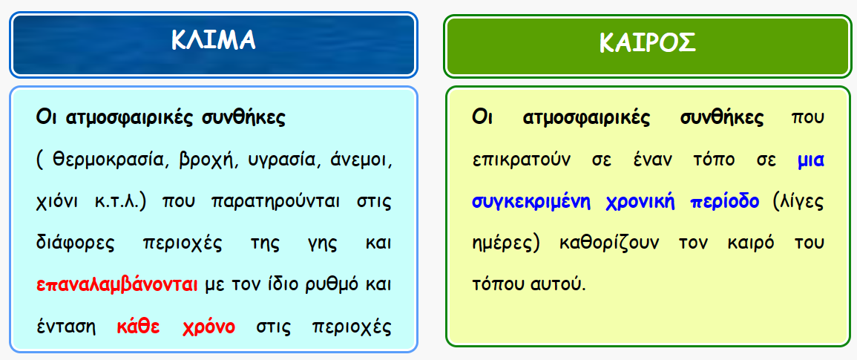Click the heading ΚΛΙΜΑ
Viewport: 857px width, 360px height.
point(213,40)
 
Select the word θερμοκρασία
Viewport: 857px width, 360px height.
point(107,161)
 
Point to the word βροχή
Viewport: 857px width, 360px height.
point(197,161)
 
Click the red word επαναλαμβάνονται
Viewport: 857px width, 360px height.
point(117,286)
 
